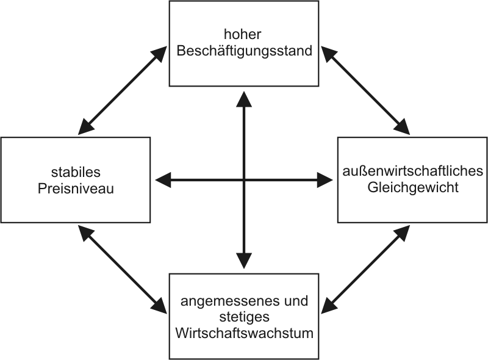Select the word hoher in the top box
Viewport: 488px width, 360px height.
(244, 35)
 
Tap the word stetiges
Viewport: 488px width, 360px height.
(244, 317)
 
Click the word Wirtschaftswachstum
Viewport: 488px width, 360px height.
(244, 333)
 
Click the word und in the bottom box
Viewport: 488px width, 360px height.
(298, 301)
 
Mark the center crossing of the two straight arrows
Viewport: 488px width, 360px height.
(244, 180)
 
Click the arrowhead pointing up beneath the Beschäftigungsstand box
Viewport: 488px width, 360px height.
(244, 99)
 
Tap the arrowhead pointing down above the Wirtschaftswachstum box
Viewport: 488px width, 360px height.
(244, 261)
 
